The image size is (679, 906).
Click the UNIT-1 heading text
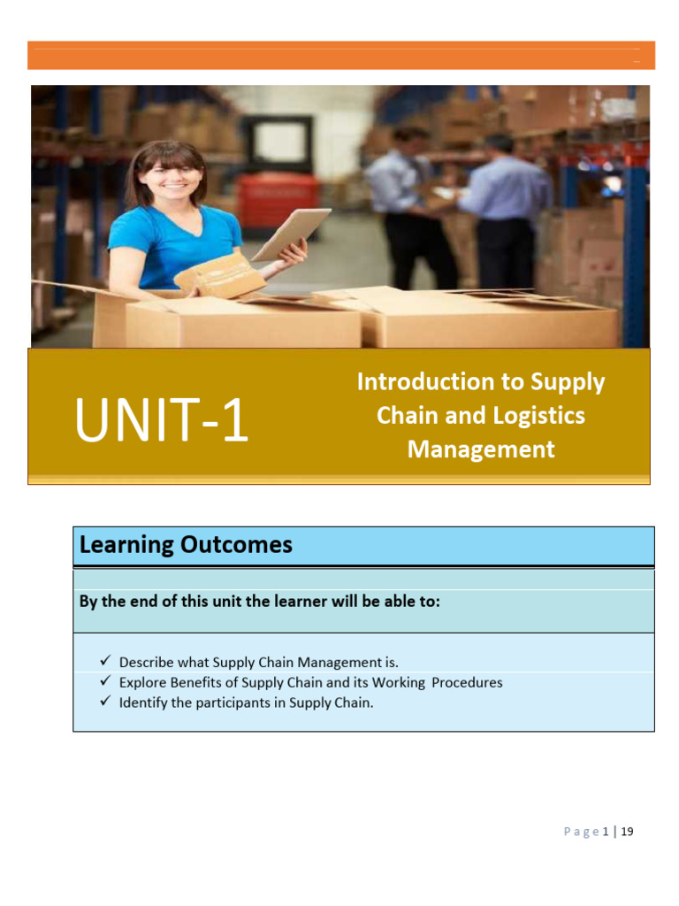pyautogui.click(x=162, y=421)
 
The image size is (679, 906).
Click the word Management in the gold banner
pyautogui.click(x=481, y=449)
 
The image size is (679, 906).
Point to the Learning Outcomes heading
pyautogui.click(x=186, y=545)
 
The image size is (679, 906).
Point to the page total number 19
pyautogui.click(x=628, y=832)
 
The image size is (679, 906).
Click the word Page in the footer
pyautogui.click(x=581, y=832)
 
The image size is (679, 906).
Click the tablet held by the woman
pyautogui.click(x=292, y=233)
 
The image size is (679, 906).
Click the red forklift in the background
pyautogui.click(x=278, y=199)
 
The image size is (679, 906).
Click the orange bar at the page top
pyautogui.click(x=340, y=55)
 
